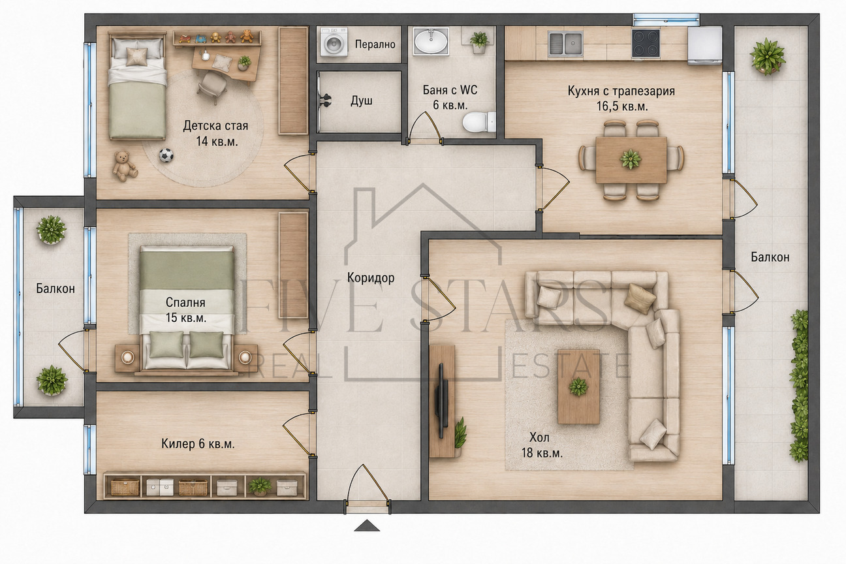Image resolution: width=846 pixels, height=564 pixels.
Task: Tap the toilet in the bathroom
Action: pos(479,121)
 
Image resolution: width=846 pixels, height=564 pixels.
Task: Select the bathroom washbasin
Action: pos(431,42)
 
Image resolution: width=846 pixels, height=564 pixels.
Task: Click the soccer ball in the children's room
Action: pos(166,155)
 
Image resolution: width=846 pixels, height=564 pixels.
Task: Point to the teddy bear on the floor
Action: pos(124,166)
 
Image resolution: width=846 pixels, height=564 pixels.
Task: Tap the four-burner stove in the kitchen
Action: pos(646,42)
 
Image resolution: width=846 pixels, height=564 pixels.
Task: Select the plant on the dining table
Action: pos(631,159)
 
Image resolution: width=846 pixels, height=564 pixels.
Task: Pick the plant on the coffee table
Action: pos(578,386)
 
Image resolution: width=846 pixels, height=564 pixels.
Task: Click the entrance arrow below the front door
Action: pos(367,525)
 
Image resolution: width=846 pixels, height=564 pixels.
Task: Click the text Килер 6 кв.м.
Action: pos(198,444)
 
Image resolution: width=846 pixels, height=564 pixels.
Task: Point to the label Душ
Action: pos(362,101)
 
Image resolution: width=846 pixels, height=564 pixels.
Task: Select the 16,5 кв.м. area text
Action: pos(622,106)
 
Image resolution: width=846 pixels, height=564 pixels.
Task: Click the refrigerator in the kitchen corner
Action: pos(705,45)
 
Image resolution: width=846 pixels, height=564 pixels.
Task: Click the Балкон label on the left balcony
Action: pos(55,289)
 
